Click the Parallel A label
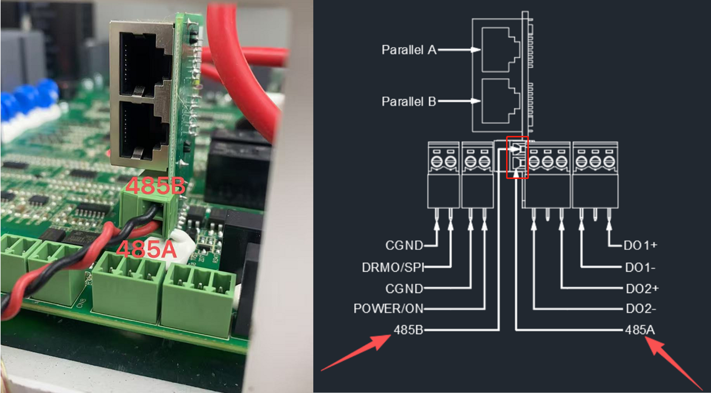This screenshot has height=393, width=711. coord(409,50)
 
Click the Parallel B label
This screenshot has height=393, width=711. coord(409,101)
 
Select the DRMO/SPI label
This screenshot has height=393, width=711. coord(393,268)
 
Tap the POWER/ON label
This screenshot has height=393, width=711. coord(388,309)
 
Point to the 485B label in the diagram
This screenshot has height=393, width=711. coord(408,330)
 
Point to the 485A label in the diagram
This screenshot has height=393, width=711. coord(640,330)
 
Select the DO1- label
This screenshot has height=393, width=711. coord(640,268)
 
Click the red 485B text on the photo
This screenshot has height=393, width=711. coord(155,186)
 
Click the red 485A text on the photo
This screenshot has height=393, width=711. coord(146,249)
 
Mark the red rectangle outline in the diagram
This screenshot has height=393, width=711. coord(517,157)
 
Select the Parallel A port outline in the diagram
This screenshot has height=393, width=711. coord(499,50)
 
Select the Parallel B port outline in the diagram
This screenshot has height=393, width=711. coord(499,101)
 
